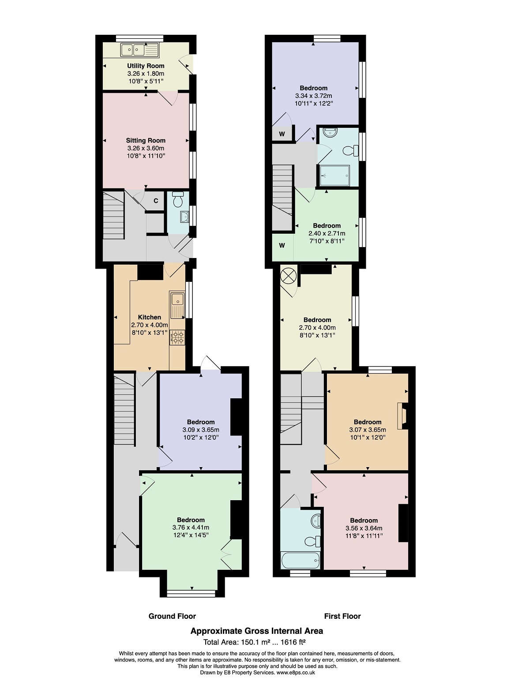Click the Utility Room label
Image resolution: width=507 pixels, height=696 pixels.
click(x=146, y=66)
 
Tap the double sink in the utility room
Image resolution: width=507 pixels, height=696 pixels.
click(x=139, y=50)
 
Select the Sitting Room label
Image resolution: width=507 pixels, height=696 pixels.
click(x=146, y=140)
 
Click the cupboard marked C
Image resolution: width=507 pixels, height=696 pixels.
click(x=156, y=201)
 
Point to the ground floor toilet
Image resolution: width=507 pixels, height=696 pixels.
click(x=178, y=199)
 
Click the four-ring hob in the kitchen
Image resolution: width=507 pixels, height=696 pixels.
click(x=177, y=337)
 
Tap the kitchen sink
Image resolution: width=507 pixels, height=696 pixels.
click(x=177, y=305)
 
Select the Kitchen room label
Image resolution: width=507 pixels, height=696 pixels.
click(x=150, y=317)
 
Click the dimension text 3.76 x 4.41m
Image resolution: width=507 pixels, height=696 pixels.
click(x=191, y=528)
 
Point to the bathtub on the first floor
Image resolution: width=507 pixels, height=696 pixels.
click(x=300, y=561)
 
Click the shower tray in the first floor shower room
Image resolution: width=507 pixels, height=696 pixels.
click(x=334, y=176)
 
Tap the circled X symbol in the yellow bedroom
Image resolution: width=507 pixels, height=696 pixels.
click(x=289, y=276)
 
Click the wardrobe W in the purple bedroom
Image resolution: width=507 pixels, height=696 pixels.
click(x=282, y=134)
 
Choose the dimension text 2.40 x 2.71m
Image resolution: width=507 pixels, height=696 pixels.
click(x=327, y=233)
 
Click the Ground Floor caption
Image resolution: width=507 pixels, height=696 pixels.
click(x=172, y=616)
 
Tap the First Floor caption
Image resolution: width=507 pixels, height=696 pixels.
click(x=342, y=616)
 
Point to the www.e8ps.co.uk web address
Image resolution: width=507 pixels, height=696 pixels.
click(x=296, y=673)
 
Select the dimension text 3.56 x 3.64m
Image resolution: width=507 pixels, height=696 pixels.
click(x=364, y=528)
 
